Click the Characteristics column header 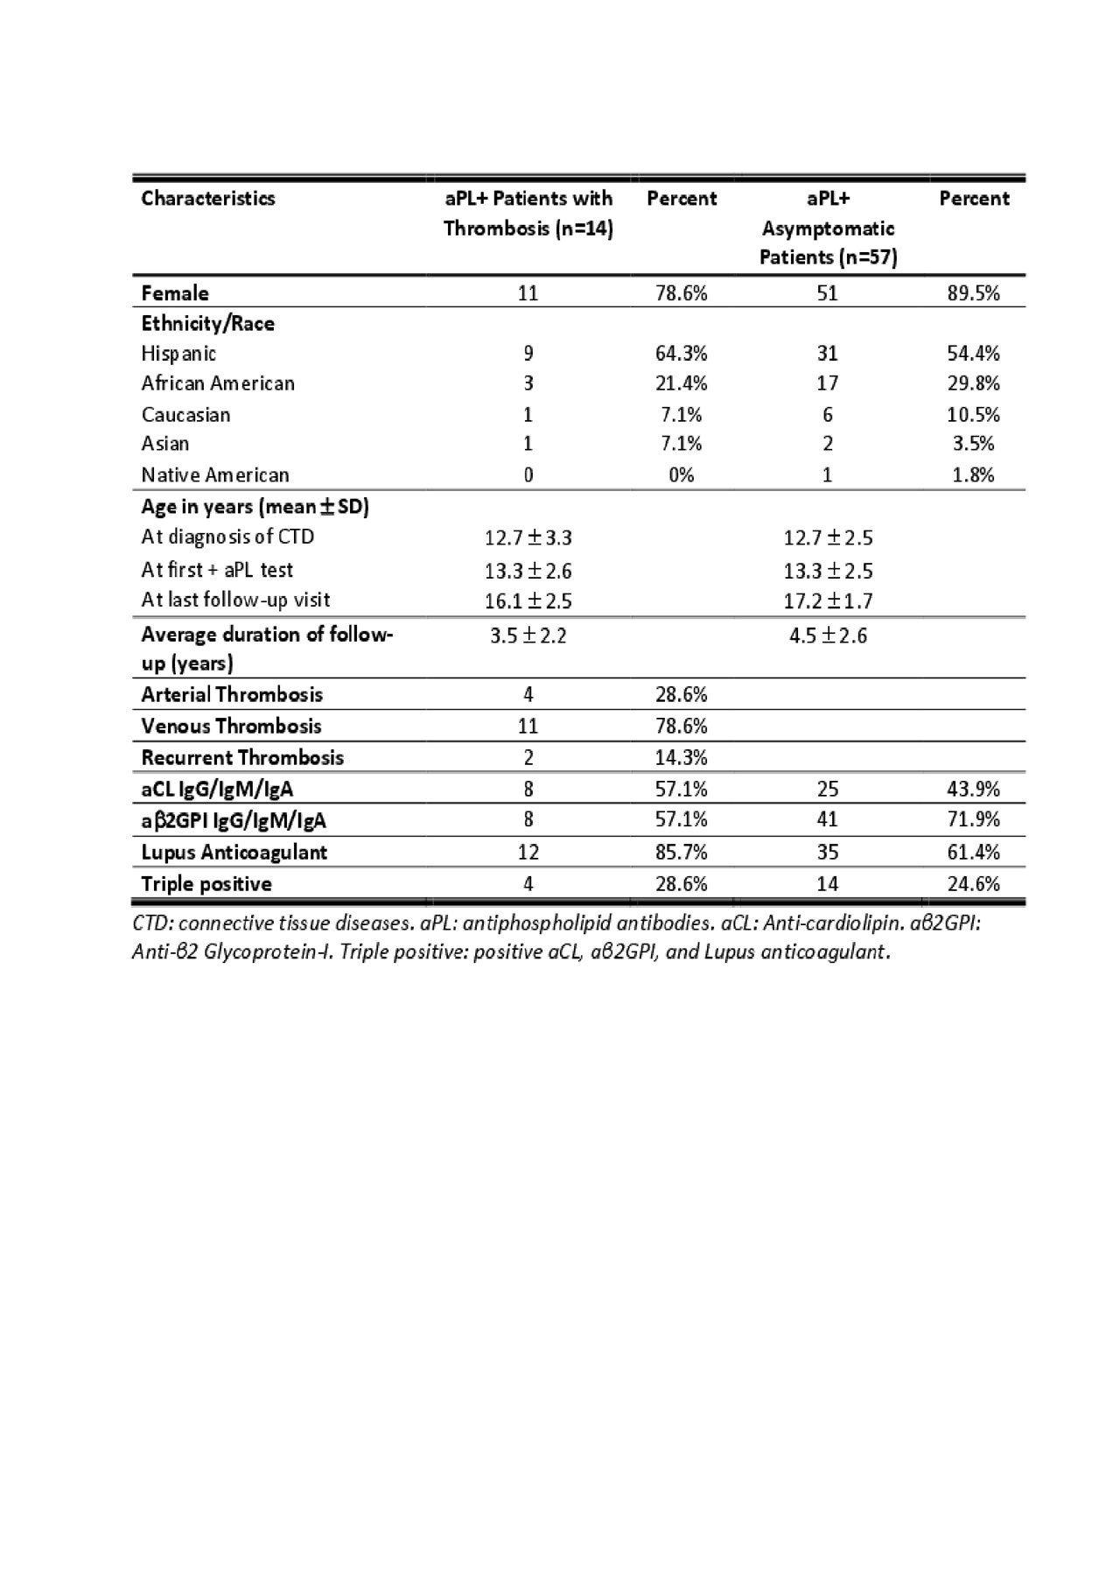208,198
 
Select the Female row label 175,292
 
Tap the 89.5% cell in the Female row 973,292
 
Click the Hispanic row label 178,353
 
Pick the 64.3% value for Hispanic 681,353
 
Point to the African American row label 218,383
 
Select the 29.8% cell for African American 973,383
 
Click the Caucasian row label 185,414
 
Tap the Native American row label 215,474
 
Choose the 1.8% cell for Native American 973,474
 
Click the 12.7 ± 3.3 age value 528,537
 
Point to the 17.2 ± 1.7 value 828,600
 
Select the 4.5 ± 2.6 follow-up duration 828,635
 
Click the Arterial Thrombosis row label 232,694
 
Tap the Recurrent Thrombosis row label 242,757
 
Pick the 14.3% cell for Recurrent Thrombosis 681,757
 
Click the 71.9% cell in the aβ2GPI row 973,819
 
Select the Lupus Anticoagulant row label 234,852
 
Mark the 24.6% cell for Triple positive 973,883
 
